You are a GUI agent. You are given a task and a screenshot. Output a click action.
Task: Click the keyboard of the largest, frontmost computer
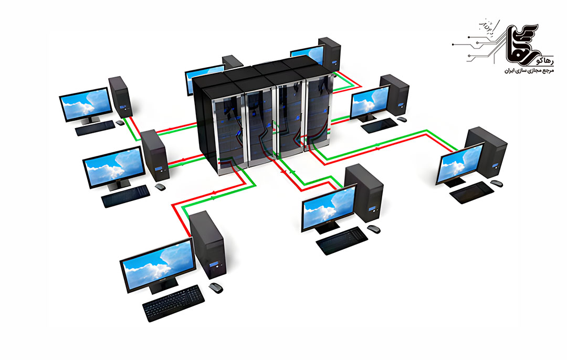pos(173,303)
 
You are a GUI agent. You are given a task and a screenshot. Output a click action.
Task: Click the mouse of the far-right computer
pos(496,183)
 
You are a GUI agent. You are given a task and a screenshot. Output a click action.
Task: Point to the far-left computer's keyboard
pos(94,128)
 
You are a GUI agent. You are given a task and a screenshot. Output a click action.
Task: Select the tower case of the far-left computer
pos(119,97)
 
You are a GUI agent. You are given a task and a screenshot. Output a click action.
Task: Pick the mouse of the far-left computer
pos(120,122)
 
